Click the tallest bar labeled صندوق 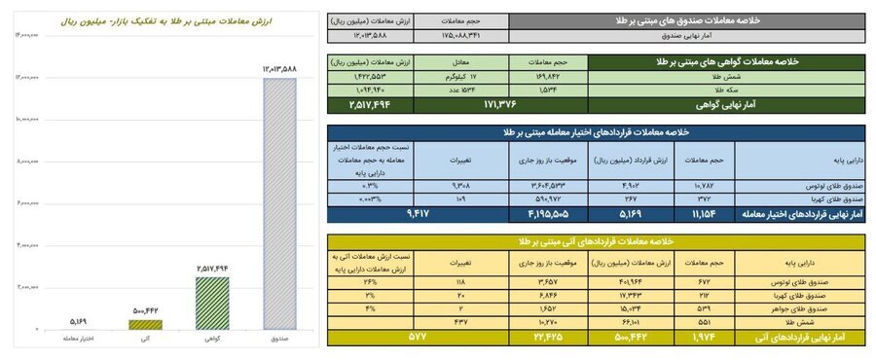point(278,204)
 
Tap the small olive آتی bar point(146,324)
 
